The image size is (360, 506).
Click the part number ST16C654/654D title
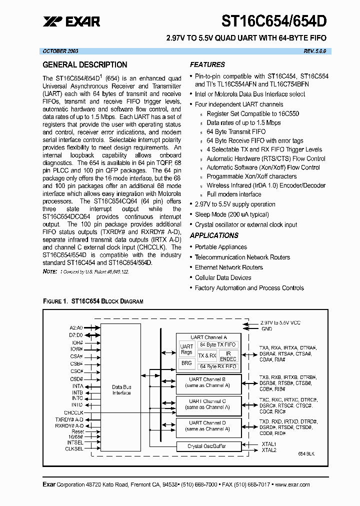coord(274,20)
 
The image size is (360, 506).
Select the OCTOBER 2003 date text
coord(60,51)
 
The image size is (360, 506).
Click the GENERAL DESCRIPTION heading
coord(85,65)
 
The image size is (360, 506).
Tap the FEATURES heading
coord(207,64)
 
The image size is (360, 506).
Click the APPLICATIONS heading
coord(214,235)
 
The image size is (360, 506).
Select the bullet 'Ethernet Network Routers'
coord(228,267)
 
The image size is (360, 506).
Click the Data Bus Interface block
coord(121,389)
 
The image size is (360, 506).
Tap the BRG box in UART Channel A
coord(186,363)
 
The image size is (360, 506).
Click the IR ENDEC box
coord(228,356)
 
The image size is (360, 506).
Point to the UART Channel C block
coord(207,404)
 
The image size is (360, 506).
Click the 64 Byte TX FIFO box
coord(217,345)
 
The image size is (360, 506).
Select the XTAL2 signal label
coord(268,450)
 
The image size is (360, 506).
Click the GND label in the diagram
coord(267,328)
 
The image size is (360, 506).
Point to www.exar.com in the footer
coord(292,484)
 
